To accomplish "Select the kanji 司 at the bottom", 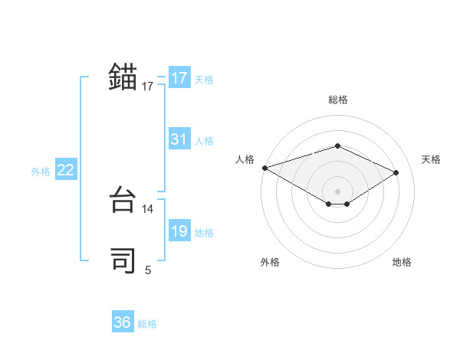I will click(123, 260).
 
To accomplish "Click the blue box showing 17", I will click(179, 78).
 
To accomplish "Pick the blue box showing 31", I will click(179, 139).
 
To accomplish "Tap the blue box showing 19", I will click(179, 231).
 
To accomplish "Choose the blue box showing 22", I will click(65, 170).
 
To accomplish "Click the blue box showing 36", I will click(122, 322).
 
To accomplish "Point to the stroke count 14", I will click(148, 208).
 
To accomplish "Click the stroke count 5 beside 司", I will click(148, 270).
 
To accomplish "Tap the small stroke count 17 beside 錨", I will click(148, 87).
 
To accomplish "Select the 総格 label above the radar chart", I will click(337, 100).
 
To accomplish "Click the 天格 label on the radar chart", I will click(431, 159).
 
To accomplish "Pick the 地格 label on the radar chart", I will click(402, 262).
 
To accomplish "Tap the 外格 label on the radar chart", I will click(270, 262).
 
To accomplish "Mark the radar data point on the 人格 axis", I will click(264, 167).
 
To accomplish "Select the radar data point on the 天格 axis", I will click(396, 172).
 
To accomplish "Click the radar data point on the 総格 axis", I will click(337, 146).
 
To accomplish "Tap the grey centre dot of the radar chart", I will click(337, 191).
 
